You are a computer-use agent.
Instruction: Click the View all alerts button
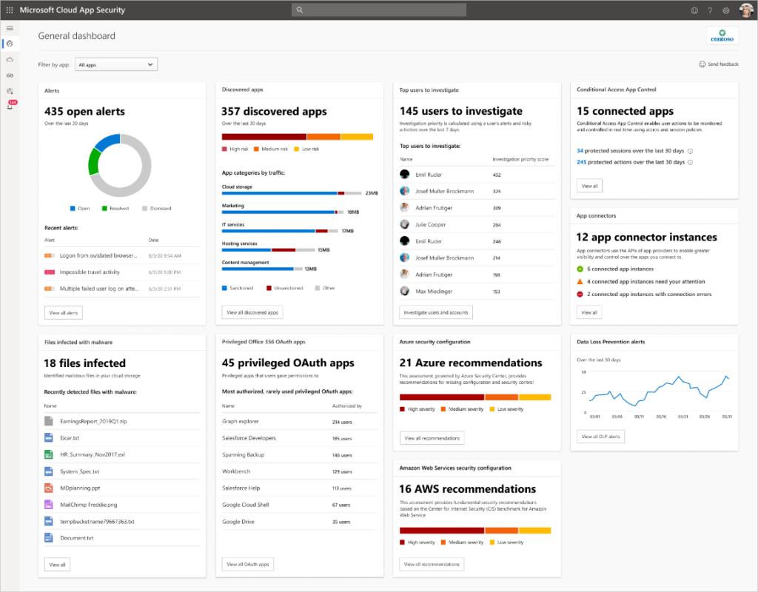(x=64, y=313)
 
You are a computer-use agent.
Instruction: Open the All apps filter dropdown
(x=116, y=65)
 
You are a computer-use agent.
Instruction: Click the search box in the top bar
(x=379, y=10)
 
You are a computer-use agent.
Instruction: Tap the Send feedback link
(x=719, y=64)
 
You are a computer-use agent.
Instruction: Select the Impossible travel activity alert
(x=90, y=272)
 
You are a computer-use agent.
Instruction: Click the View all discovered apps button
(x=252, y=313)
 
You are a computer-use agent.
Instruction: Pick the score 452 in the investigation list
(x=497, y=175)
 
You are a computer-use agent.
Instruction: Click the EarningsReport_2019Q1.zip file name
(x=93, y=421)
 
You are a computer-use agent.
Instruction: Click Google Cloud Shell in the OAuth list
(x=246, y=505)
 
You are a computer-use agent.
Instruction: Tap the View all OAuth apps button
(x=248, y=565)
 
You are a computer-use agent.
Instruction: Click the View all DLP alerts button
(x=601, y=437)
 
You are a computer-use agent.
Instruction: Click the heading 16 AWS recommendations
(x=467, y=489)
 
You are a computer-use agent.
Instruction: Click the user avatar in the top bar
(x=745, y=10)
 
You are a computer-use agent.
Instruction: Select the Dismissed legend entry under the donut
(x=156, y=209)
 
